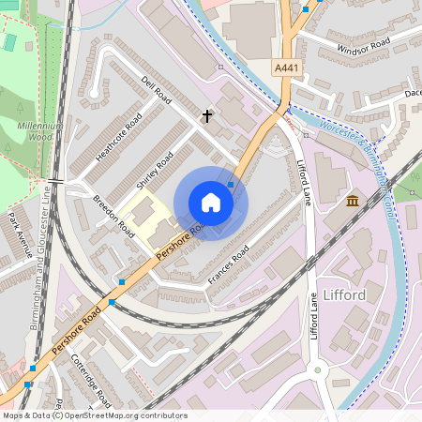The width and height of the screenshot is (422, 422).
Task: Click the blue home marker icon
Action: click(211, 203)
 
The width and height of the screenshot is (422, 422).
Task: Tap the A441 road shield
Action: click(287, 68)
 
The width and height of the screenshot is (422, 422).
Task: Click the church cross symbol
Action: click(207, 116)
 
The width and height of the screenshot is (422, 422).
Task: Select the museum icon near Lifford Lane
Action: click(352, 202)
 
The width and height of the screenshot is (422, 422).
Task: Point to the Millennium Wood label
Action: click(38, 130)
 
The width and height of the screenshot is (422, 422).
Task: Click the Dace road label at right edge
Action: click(413, 93)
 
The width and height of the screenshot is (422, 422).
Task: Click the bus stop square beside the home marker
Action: click(231, 185)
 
